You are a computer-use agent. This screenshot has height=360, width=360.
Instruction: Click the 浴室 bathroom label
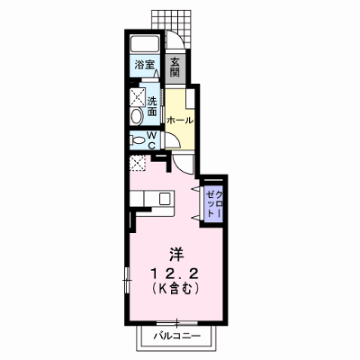(144, 65)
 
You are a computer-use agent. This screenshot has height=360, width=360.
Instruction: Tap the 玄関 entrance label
(175, 67)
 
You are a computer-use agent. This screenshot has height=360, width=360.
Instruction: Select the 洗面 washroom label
(152, 106)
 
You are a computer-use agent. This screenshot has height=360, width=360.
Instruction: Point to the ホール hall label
(179, 121)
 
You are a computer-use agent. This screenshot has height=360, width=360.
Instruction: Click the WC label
(152, 140)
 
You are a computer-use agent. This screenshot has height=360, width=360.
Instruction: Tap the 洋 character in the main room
(176, 255)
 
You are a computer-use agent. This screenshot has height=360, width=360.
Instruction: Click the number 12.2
(175, 274)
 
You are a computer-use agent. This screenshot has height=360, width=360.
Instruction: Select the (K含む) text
(175, 289)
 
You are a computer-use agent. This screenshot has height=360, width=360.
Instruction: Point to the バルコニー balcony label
(176, 336)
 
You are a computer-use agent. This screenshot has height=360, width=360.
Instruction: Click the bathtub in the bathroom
(144, 44)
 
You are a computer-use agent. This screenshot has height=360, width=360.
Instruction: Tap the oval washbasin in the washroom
(137, 116)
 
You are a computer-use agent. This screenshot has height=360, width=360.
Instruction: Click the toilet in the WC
(138, 140)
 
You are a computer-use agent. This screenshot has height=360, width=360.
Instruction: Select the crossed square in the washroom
(138, 97)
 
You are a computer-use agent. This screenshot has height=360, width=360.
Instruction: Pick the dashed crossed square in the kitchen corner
(137, 163)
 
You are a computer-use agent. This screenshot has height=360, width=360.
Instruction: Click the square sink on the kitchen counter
(165, 199)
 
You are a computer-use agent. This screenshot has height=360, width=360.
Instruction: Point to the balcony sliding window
(177, 323)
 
